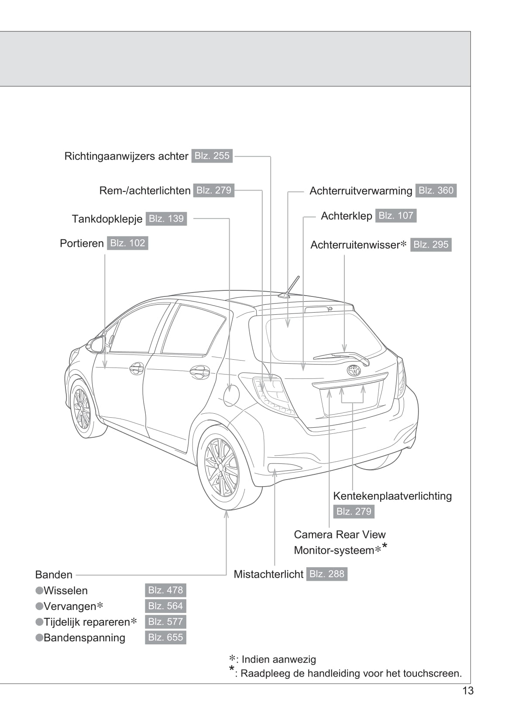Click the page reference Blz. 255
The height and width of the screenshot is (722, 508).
point(212,156)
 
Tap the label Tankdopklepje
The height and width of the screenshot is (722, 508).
point(107,219)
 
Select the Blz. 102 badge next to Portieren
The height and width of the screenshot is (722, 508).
point(127,243)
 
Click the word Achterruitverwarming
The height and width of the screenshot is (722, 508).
point(360,191)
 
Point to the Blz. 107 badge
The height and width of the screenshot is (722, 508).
point(395,216)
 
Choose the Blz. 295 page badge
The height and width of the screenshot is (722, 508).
point(431,245)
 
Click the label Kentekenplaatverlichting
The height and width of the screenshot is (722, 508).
point(392,496)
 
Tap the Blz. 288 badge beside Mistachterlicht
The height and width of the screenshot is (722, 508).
point(326,574)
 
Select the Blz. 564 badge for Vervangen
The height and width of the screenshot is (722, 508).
point(165,606)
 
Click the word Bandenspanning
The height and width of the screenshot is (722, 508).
point(84,638)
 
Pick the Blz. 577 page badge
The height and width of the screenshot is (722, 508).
point(165,622)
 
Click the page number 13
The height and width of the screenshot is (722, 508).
point(467,691)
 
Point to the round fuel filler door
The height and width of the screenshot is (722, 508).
point(231,395)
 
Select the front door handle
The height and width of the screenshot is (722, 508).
point(137,368)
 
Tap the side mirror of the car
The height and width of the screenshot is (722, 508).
point(97,344)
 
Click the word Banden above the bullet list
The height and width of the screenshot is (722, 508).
point(54,575)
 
